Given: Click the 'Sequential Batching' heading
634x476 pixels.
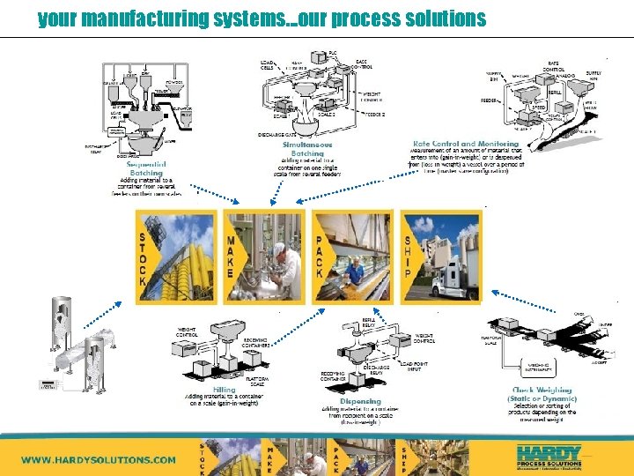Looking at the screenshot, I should (x=146, y=167).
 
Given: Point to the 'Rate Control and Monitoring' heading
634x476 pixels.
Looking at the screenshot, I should (x=466, y=144).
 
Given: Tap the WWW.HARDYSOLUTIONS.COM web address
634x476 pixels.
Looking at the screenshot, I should (x=99, y=459).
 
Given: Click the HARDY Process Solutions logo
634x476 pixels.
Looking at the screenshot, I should (x=549, y=456).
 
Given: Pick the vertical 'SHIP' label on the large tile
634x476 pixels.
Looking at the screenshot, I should (x=408, y=256).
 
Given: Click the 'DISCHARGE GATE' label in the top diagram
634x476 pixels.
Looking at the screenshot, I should (x=279, y=134).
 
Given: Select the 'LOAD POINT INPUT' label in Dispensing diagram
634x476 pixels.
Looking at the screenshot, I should (x=415, y=367).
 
